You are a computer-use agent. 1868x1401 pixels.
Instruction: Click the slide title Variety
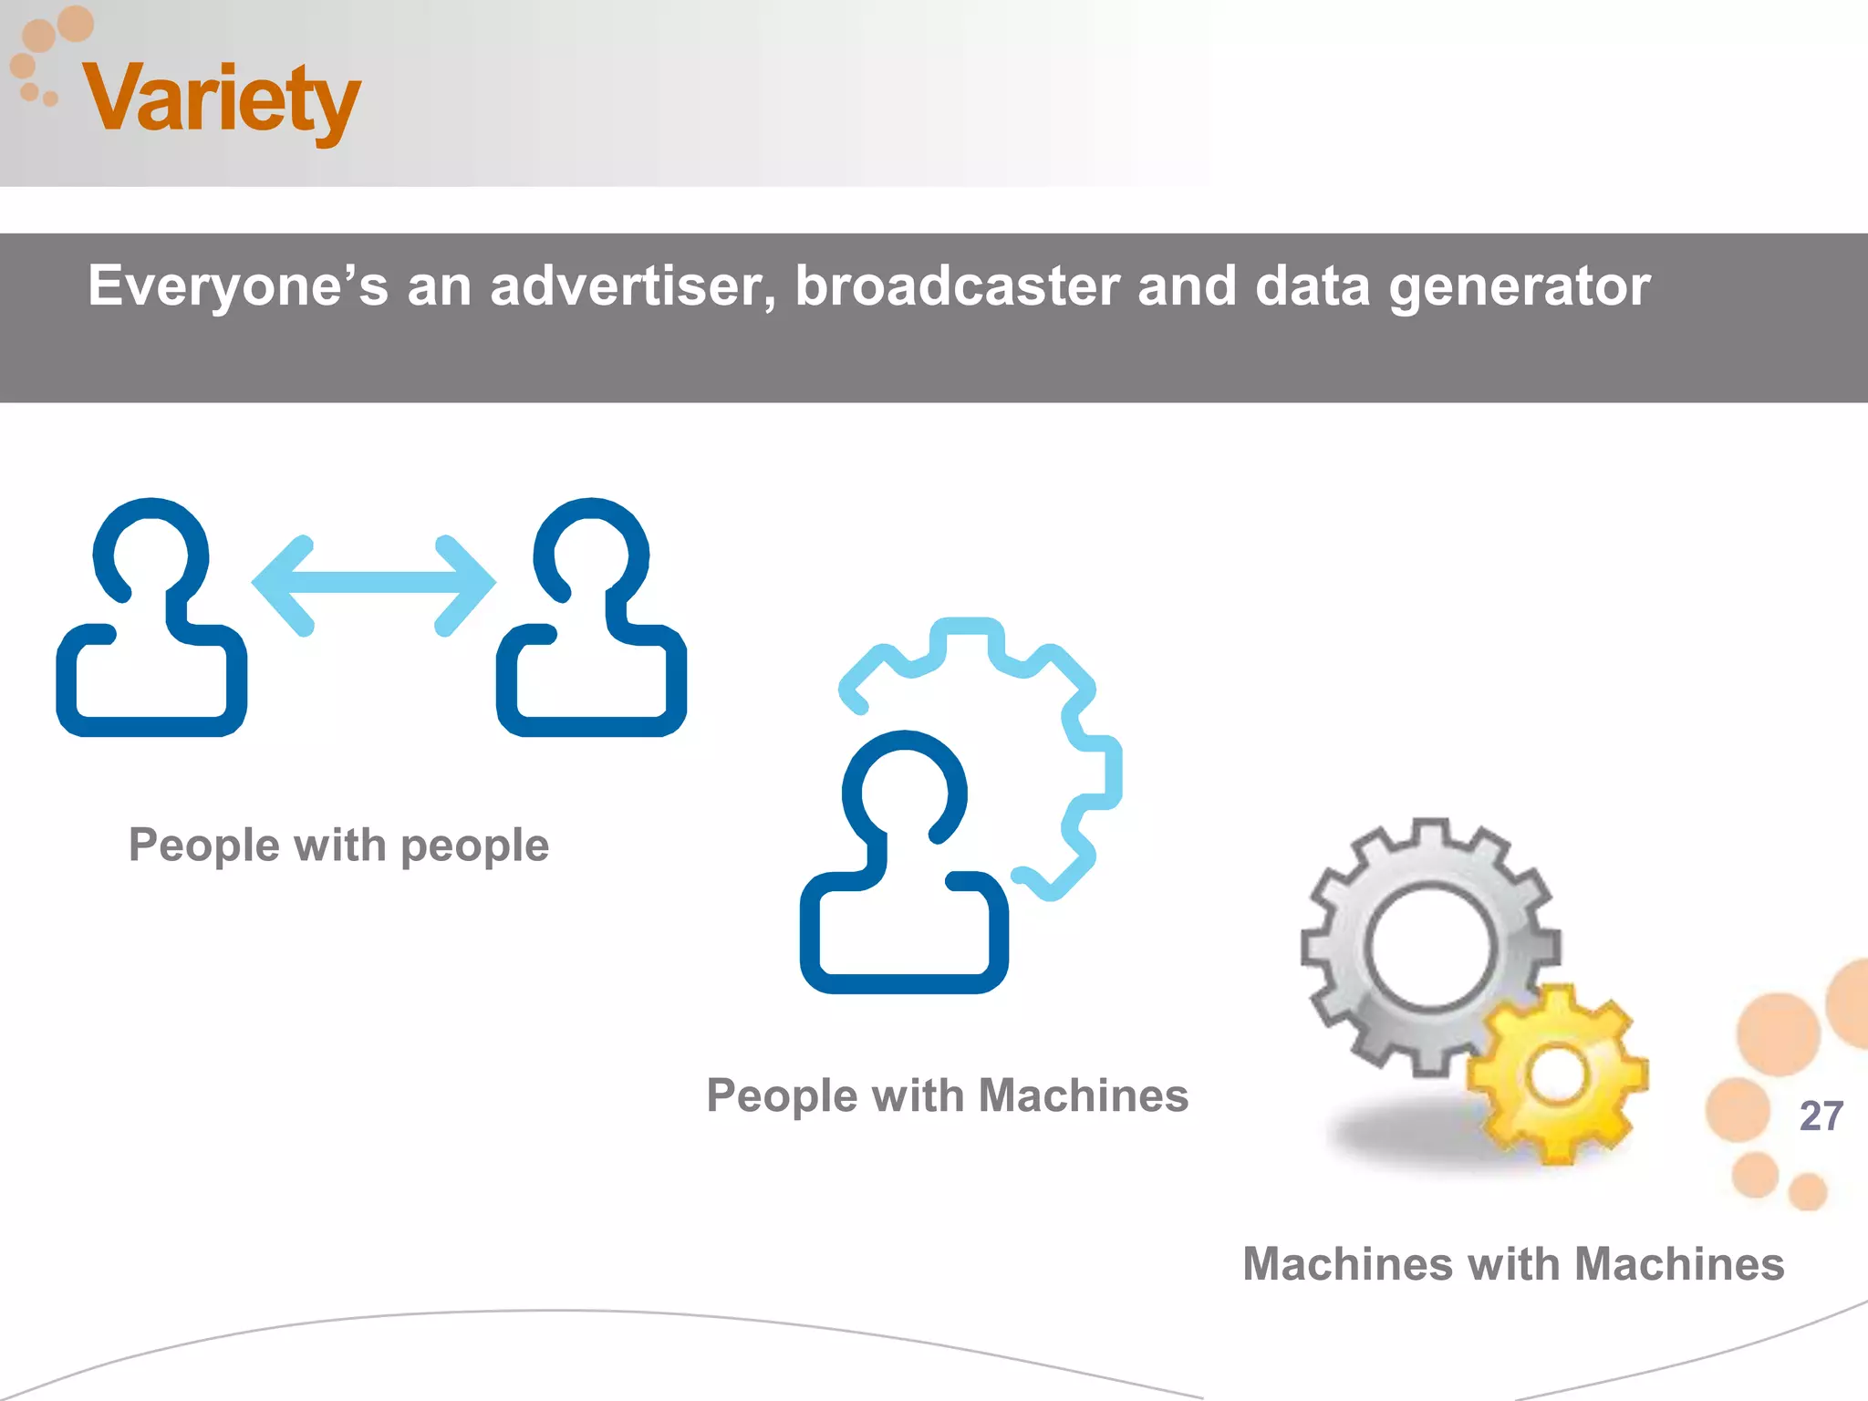222,99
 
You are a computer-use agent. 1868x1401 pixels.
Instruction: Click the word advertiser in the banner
633,286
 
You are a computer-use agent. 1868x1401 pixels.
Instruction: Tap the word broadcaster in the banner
958,286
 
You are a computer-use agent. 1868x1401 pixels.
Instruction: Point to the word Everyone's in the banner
237,286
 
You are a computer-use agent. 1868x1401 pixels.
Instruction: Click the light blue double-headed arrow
374,584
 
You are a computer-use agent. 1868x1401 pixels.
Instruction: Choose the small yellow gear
1558,1074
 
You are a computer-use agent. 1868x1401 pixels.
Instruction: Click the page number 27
1821,1116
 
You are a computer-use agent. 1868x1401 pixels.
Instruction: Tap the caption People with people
338,846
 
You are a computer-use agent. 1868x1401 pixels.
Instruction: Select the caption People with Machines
947,1095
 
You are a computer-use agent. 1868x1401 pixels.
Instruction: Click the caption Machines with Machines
1513,1264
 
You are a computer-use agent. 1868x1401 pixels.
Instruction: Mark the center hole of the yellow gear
1557,1074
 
